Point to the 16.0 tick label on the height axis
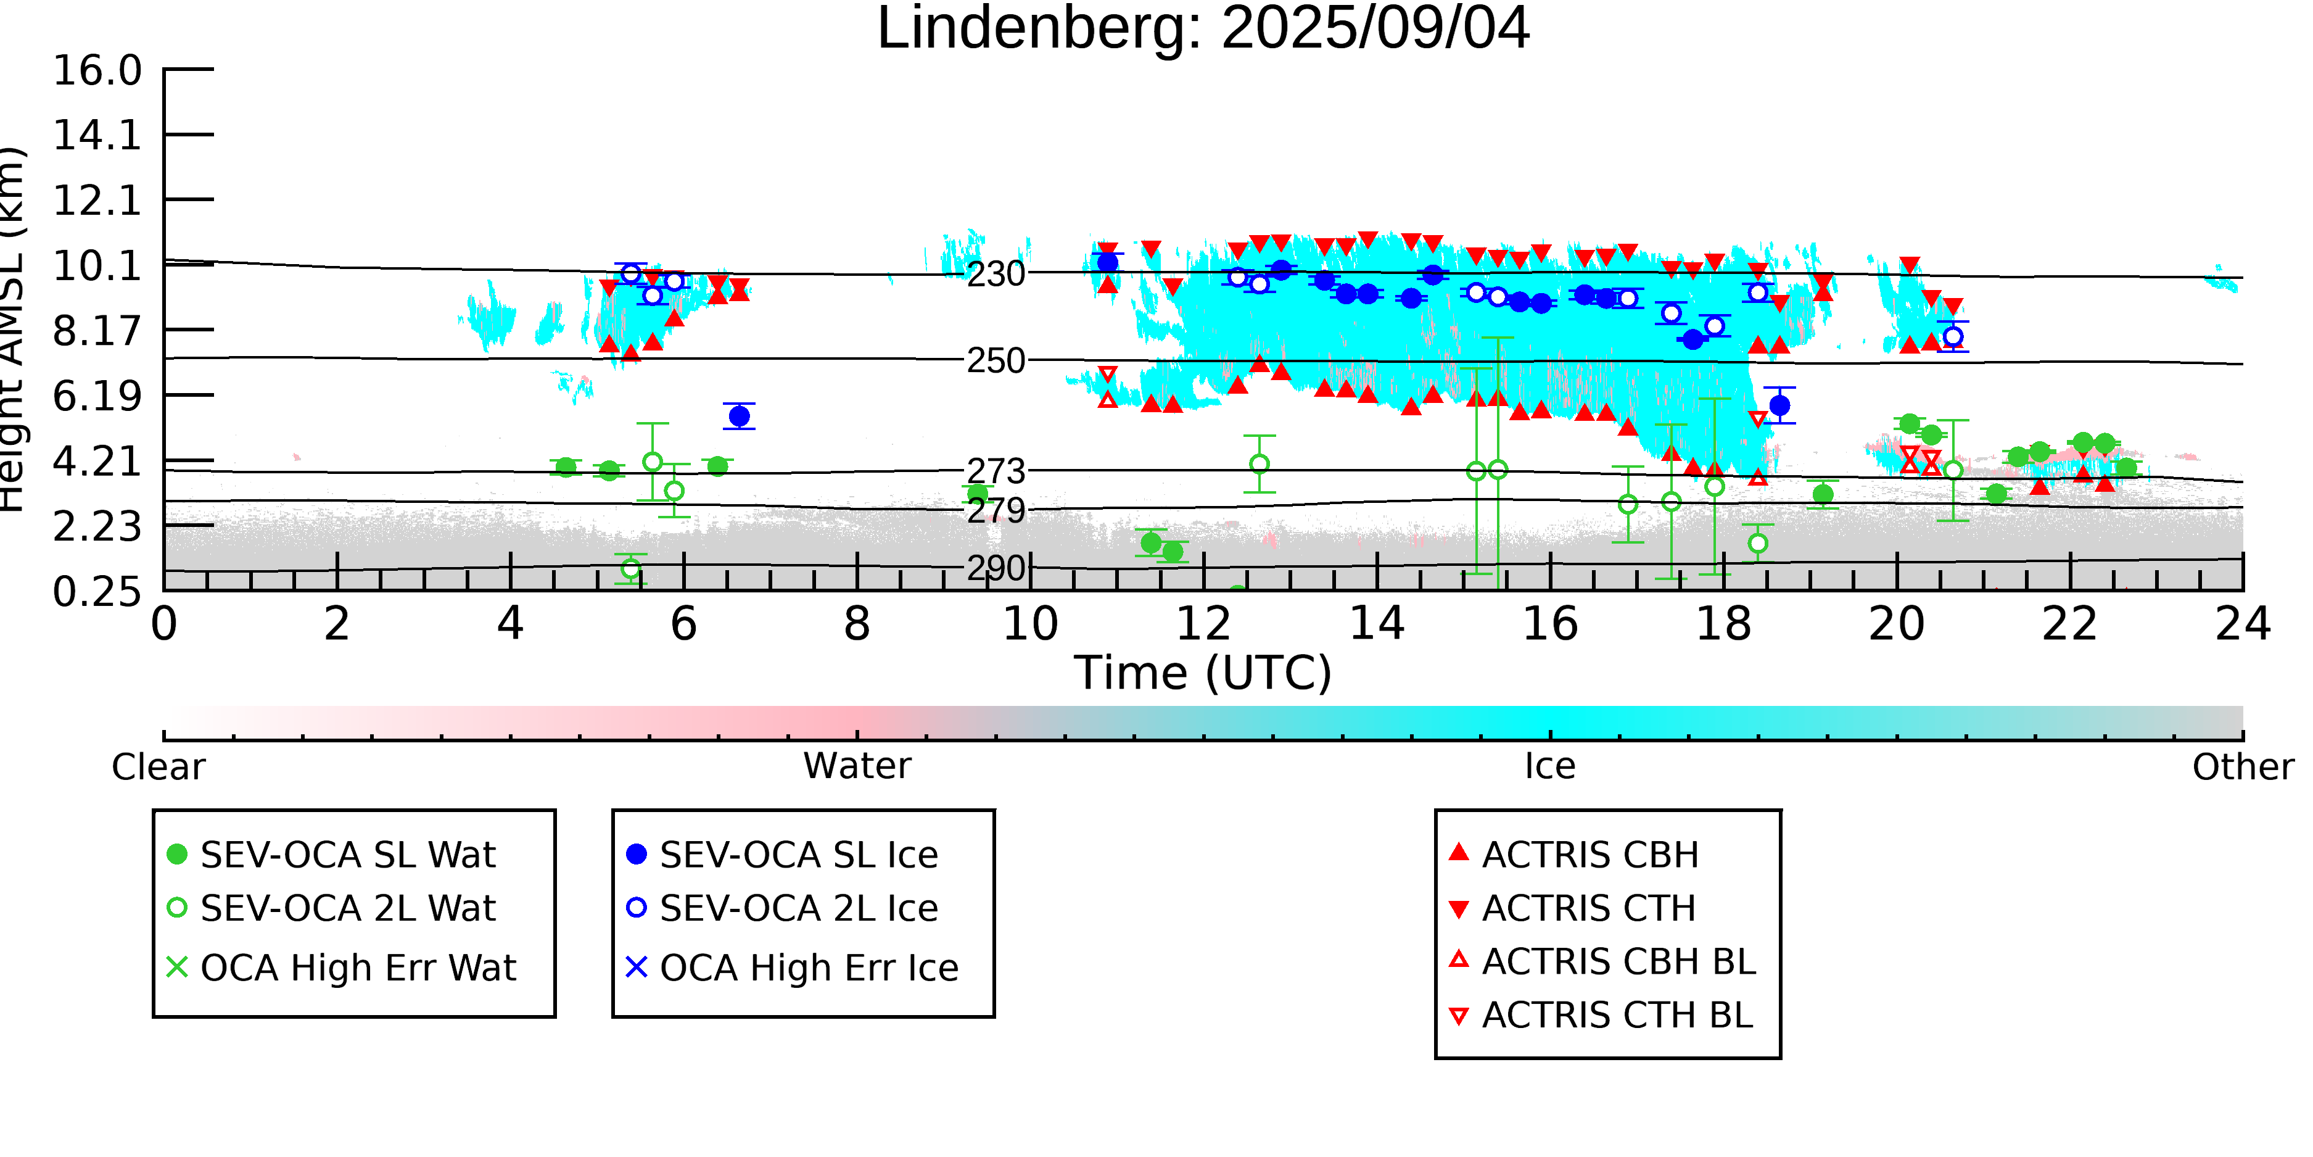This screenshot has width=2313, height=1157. tap(97, 71)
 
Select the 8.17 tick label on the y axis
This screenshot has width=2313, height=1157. tap(97, 331)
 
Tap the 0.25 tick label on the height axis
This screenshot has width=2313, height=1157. tap(97, 592)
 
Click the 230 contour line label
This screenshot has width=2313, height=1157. tap(996, 274)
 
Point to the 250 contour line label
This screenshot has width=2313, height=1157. tap(996, 361)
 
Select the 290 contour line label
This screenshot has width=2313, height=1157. tap(996, 568)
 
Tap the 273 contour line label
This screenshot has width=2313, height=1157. tap(996, 471)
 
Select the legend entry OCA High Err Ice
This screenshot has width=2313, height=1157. tap(808, 968)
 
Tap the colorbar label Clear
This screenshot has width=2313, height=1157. tap(158, 767)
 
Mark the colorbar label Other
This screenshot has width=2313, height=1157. tap(2242, 767)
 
